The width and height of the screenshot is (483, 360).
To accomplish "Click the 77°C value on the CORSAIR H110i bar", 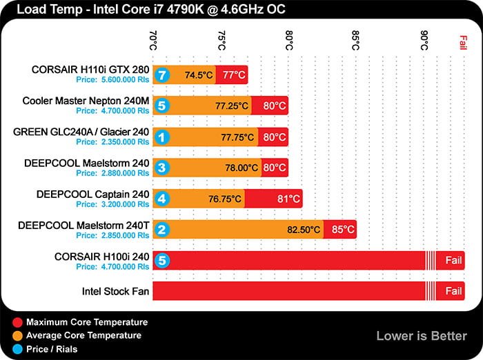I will [x=232, y=74].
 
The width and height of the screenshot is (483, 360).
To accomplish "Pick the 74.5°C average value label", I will [x=199, y=74].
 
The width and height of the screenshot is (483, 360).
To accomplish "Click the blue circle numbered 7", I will [x=161, y=74].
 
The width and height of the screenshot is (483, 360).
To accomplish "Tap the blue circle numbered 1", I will [x=161, y=137].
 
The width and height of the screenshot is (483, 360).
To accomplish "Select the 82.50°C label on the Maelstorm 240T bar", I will [x=304, y=230].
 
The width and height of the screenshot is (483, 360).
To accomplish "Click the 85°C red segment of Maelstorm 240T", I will [x=340, y=230].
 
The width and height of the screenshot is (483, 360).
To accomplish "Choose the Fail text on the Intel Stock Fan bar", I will [x=453, y=291].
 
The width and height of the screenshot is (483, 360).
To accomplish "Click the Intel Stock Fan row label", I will [x=115, y=291].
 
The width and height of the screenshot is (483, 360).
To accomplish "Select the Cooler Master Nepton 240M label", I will [x=86, y=101].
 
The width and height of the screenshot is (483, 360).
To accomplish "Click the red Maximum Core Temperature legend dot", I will [x=17, y=322].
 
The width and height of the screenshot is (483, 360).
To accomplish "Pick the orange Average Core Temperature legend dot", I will [x=17, y=335].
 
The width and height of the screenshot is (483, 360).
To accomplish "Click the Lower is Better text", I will [x=421, y=336].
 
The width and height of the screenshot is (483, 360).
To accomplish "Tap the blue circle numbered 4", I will [x=161, y=199].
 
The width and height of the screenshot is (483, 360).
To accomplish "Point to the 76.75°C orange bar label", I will [x=225, y=199].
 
